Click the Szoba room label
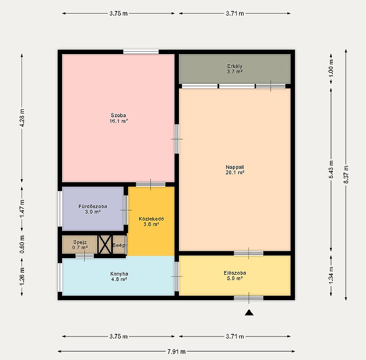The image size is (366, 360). coord(119,118)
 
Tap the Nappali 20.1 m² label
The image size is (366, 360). coord(235,170)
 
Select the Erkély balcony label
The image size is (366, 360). coord(235,69)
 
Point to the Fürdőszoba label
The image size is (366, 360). coord(93,209)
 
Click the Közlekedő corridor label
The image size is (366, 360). coord(151,222)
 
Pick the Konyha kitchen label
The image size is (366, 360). coord(119,276)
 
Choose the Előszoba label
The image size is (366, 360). coord(235,275)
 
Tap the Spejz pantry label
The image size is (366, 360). coord(80,245)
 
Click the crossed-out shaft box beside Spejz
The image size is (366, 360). coord(105,245)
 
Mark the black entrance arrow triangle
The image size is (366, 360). coord(249,312)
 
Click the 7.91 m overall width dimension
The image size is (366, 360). coord(176,351)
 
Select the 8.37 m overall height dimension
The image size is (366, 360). coord(346,174)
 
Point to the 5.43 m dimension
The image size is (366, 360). coord(331,170)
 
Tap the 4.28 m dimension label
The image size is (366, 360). coord(22,118)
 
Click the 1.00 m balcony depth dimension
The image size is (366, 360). coord(331,68)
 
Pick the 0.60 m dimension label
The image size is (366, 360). coord(22,245)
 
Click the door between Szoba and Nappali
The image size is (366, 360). coord(177,139)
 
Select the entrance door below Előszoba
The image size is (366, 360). coord(249,298)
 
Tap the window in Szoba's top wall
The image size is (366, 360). coord(141,52)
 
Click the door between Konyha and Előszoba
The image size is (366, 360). coord(177,276)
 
